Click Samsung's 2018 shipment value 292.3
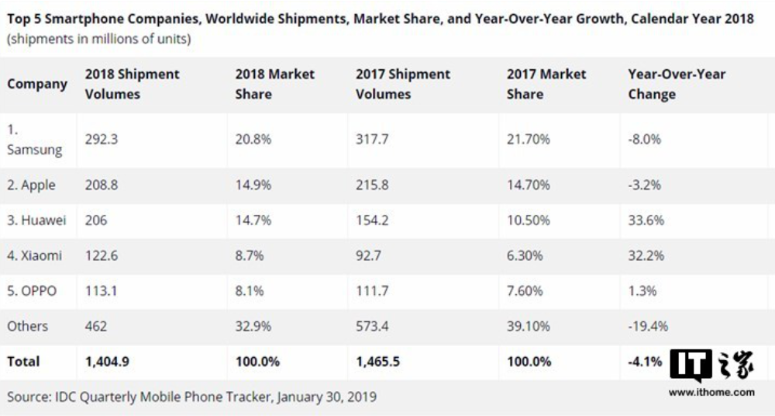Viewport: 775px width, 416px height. tap(102, 140)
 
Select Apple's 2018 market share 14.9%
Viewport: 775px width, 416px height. tap(253, 185)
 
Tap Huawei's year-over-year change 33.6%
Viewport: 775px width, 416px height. tap(646, 220)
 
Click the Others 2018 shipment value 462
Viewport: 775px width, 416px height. tap(96, 326)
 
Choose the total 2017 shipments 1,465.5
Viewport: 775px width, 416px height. tap(384, 362)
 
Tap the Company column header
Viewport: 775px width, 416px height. tap(37, 84)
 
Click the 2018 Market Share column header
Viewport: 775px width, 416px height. tap(275, 84)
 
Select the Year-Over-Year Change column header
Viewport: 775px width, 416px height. tap(677, 84)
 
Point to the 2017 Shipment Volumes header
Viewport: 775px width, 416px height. tap(403, 84)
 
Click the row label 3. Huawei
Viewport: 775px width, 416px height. tap(36, 220)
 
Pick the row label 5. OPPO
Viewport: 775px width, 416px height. tap(32, 291)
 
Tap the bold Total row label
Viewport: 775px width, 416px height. tap(23, 362)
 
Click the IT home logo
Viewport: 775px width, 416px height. tap(711, 366)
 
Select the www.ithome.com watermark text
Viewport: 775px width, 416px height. tap(711, 393)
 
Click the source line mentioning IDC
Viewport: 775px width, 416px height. tap(191, 397)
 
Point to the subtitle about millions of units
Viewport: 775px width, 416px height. tap(99, 39)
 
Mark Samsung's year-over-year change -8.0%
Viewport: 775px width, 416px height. tap(645, 140)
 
